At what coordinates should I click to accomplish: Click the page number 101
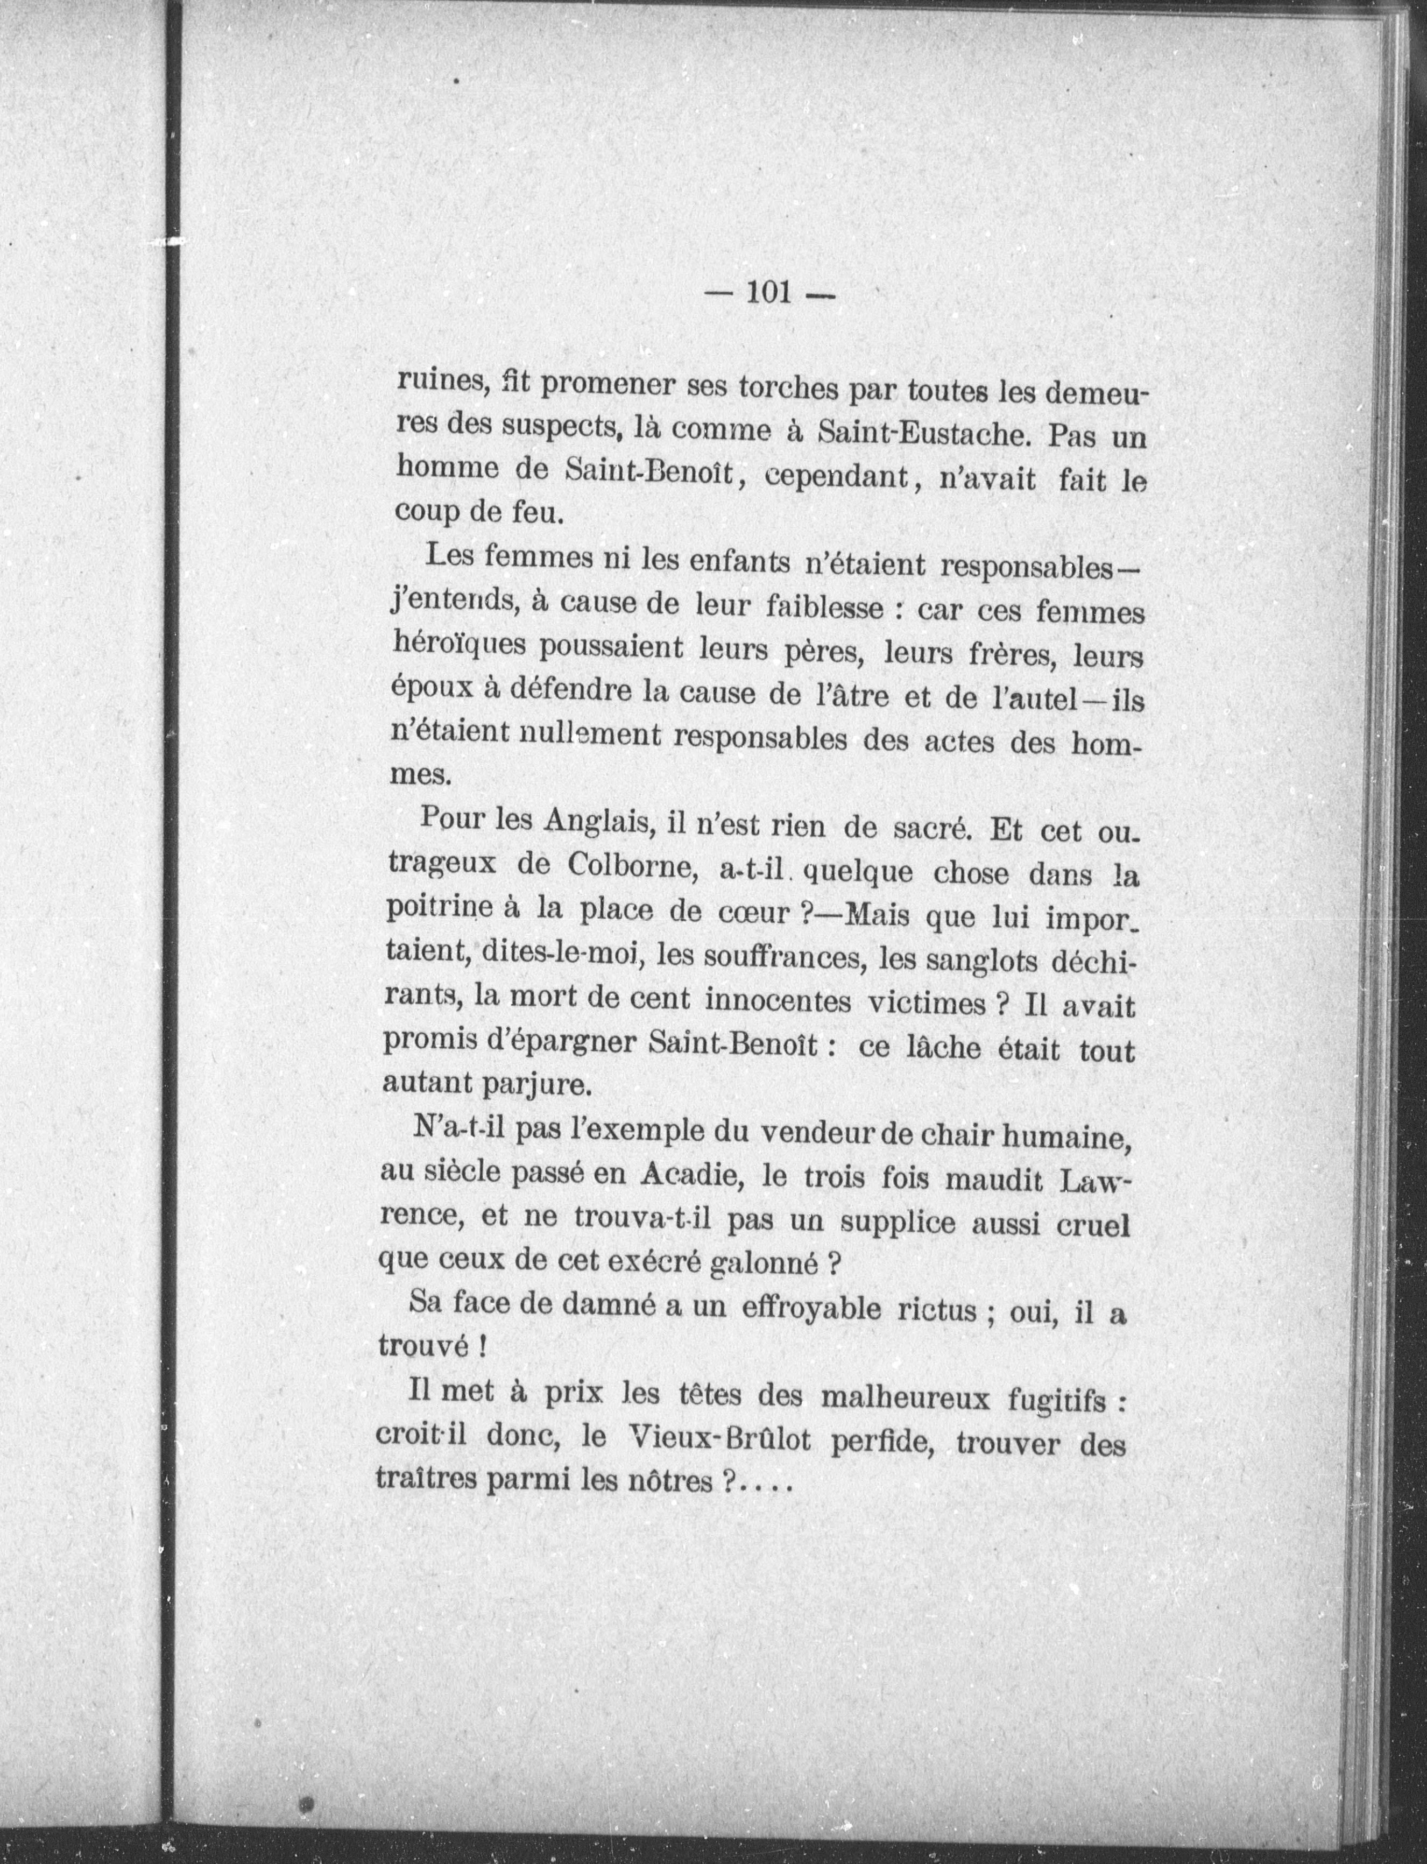point(769,292)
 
